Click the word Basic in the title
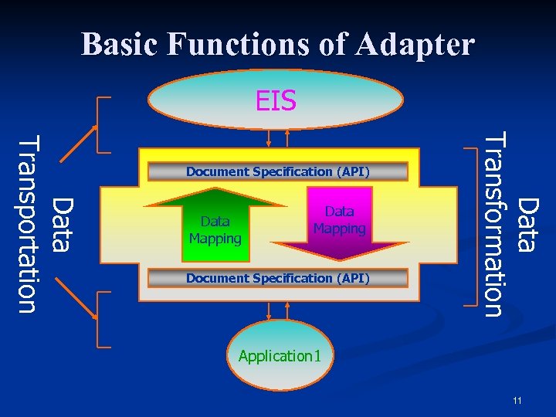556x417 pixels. pos(120,44)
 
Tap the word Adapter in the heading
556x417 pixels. pos(416,44)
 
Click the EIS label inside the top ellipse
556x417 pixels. pos(276,100)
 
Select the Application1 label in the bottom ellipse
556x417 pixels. pos(280,356)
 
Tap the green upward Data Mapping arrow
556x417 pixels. pos(215,224)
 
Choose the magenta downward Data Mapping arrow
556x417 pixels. pos(339,224)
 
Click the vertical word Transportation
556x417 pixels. pos(28,224)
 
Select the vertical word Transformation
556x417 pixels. pos(493,224)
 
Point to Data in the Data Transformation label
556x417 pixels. pos(527,225)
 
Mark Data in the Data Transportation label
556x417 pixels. pos(62,225)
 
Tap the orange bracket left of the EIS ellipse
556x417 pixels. pos(101,124)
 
